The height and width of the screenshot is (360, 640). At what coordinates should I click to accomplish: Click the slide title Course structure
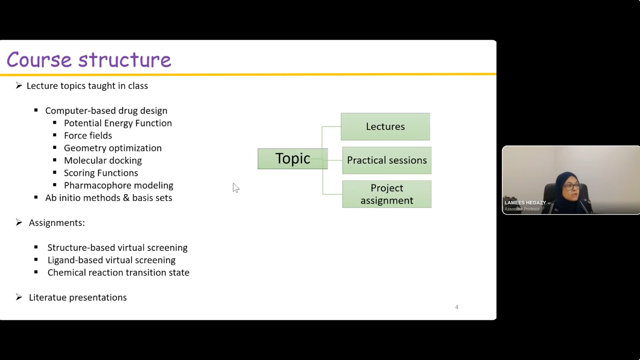89,60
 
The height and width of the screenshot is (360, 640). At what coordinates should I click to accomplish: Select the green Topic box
292,159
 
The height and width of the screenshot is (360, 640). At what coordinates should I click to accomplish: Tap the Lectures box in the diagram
385,126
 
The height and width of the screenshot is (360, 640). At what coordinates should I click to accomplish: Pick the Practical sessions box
387,161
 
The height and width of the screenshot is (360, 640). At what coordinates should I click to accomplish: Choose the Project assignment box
387,194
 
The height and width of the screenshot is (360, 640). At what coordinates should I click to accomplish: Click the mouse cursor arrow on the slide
236,188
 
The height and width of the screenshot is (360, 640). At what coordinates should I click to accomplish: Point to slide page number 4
457,307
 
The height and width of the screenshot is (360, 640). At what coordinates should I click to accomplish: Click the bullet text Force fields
88,136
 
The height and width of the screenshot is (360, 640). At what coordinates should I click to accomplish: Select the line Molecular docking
103,161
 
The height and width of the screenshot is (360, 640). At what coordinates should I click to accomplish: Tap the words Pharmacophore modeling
119,185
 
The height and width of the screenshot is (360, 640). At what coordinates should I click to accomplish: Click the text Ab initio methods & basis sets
109,198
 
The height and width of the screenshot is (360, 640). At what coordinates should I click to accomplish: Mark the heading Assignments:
57,223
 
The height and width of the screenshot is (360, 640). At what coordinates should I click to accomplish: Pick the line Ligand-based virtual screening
111,260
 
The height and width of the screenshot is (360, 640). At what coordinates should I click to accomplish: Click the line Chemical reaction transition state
118,272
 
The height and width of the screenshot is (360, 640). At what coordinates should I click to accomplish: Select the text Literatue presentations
78,297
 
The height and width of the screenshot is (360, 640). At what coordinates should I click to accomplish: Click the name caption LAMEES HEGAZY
525,203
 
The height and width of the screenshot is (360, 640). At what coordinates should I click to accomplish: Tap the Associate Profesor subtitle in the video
522,209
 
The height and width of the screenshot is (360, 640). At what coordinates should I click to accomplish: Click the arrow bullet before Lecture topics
19,86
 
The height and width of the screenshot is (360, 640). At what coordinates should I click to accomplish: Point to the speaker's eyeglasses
572,187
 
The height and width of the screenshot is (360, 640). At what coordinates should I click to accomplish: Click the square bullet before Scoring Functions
55,172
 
